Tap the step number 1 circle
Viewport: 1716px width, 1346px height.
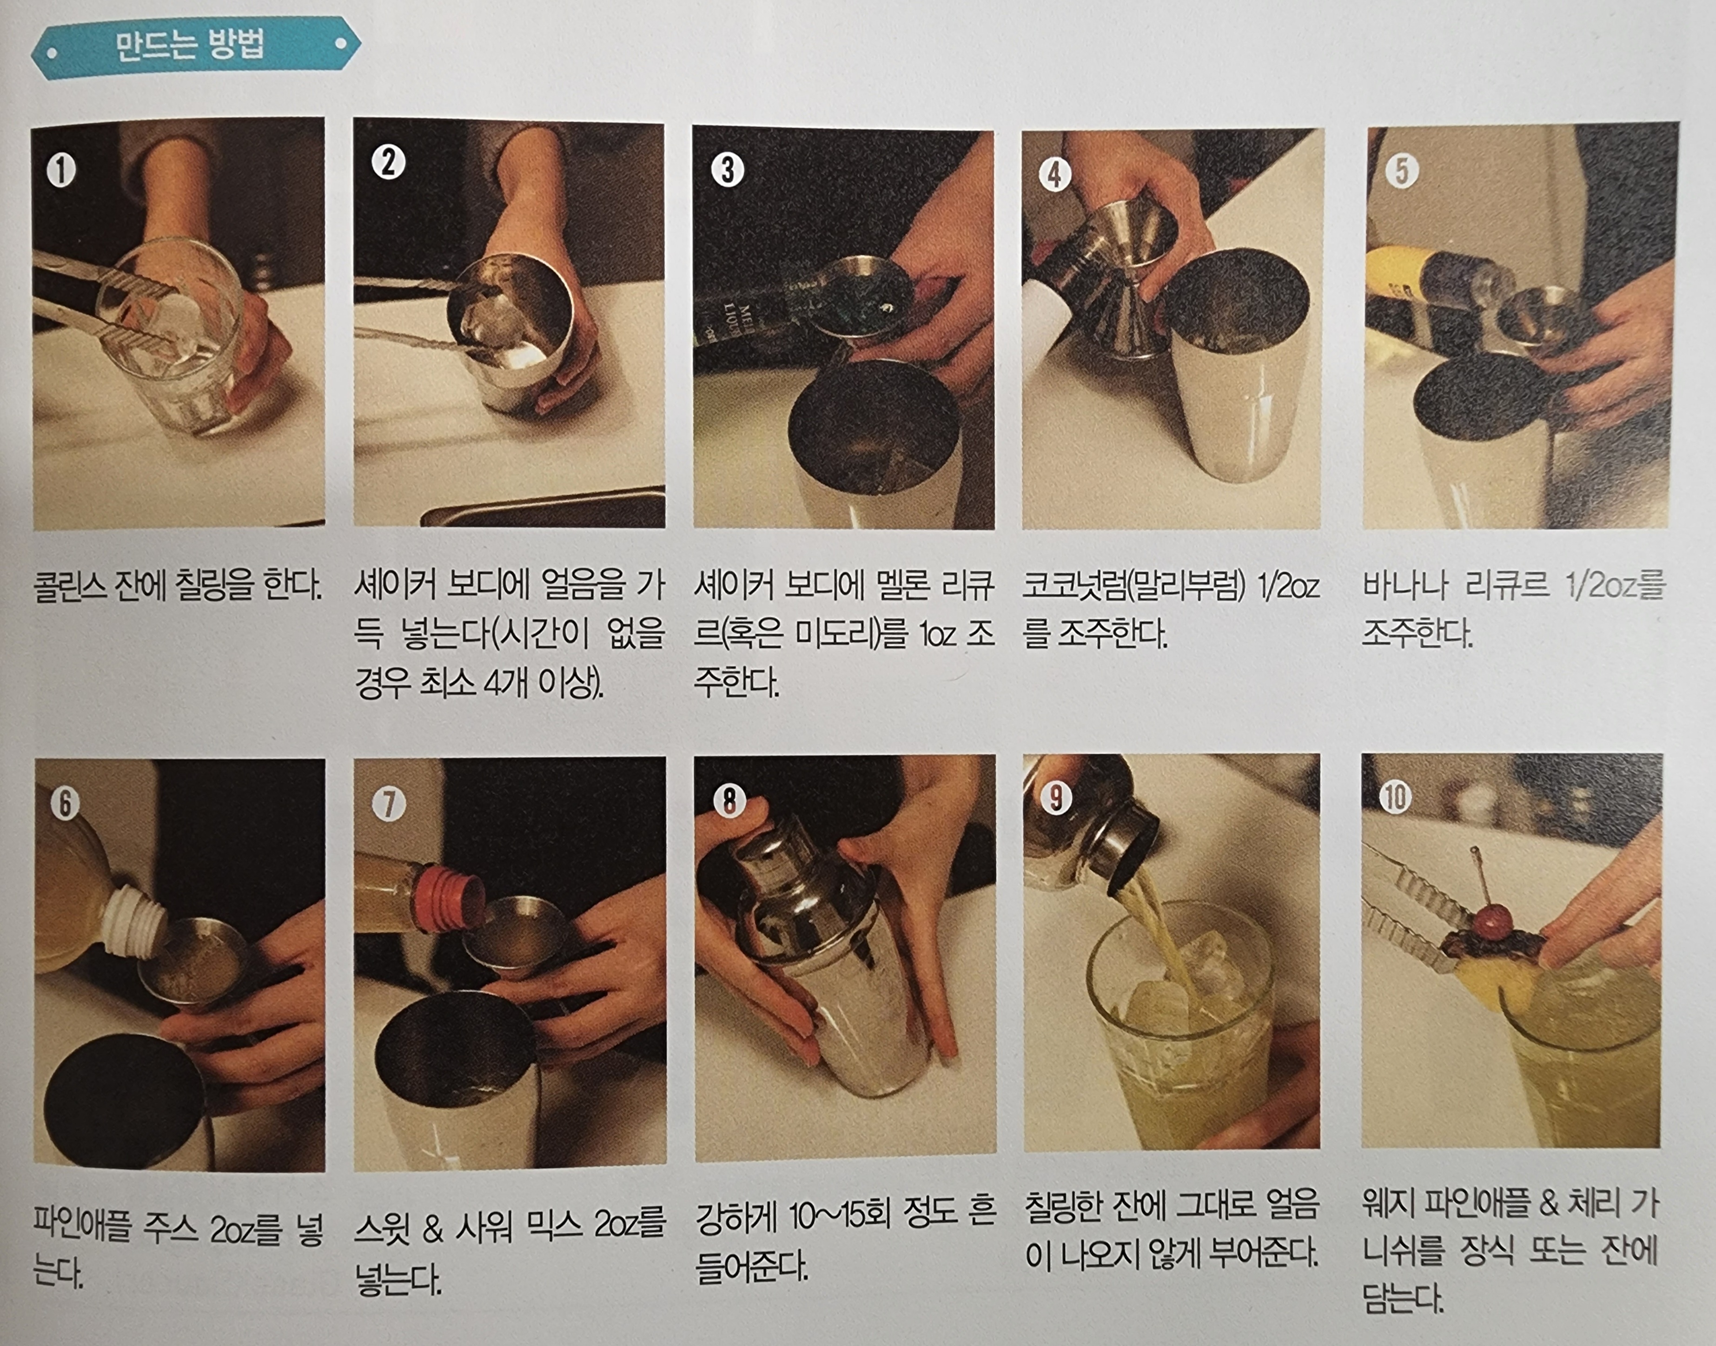click(61, 170)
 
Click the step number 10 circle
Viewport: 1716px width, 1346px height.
click(1394, 797)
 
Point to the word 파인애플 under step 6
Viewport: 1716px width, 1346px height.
click(82, 1227)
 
